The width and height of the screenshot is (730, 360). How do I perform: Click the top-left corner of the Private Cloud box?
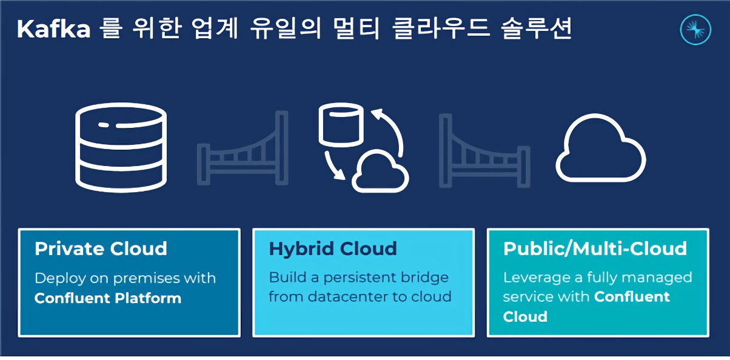[x=19, y=229]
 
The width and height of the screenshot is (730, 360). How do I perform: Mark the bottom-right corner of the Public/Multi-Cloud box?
[x=709, y=336]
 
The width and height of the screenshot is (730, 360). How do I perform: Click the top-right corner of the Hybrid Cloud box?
[x=474, y=229]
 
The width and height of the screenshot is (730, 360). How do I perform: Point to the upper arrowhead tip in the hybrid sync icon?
[x=372, y=111]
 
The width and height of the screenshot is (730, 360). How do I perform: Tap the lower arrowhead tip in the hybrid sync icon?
[x=345, y=179]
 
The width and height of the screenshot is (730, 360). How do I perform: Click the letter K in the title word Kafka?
[x=25, y=29]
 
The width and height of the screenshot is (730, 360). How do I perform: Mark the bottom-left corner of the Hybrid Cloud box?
[x=253, y=336]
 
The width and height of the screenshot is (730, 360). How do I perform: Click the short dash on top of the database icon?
[x=104, y=125]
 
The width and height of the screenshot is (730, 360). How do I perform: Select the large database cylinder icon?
[x=121, y=148]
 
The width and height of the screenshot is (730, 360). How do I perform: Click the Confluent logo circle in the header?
[x=695, y=30]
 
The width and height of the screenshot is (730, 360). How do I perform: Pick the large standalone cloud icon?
[x=601, y=148]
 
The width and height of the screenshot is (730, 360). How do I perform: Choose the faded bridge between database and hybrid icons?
[x=243, y=148]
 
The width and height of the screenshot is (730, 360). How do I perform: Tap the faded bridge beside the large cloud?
[x=484, y=150]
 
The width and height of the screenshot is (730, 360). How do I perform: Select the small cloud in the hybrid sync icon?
[x=380, y=171]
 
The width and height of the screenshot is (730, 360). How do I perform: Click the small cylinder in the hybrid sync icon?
[x=341, y=125]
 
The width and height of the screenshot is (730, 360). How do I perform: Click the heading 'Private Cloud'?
[x=101, y=248]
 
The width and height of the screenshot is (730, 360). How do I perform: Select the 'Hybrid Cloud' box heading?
[x=333, y=249]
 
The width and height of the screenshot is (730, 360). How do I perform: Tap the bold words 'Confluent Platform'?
[x=108, y=298]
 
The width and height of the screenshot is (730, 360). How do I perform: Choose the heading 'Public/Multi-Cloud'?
[x=595, y=248]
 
